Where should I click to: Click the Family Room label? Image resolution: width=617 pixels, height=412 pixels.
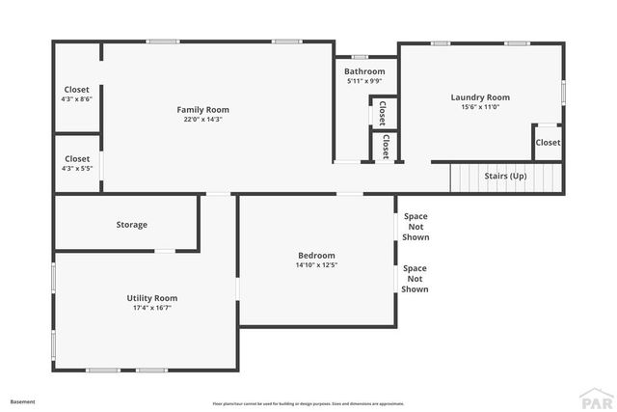point(202,110)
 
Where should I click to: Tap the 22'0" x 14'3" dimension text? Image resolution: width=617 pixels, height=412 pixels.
point(202,120)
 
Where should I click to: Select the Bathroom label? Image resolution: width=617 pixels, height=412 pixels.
point(364,71)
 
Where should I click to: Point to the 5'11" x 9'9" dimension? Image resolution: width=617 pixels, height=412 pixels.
point(364,81)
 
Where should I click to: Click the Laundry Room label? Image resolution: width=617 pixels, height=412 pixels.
point(479,97)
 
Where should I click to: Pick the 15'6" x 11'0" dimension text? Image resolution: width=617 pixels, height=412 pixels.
point(479,107)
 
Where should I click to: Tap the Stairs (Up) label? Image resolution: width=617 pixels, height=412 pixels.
point(505,177)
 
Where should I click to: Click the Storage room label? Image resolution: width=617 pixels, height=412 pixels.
point(132,225)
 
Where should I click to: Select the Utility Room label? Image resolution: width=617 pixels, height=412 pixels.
point(152,298)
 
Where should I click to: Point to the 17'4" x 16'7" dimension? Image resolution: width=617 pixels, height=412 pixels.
point(152,308)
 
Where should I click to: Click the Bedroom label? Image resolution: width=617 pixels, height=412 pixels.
point(316,255)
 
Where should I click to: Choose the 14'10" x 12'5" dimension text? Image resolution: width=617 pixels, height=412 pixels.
point(316,264)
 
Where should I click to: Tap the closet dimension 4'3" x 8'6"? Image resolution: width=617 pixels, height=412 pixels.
point(76,99)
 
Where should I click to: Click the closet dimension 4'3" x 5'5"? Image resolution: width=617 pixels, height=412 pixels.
point(76,169)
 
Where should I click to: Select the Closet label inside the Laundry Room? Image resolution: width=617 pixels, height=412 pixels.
point(548,143)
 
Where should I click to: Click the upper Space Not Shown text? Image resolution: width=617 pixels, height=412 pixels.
point(416,227)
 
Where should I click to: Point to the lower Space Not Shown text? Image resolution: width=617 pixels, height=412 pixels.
point(416,279)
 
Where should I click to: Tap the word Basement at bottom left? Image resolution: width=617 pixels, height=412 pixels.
point(22,401)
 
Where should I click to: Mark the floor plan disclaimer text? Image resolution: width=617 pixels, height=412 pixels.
point(308,403)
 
